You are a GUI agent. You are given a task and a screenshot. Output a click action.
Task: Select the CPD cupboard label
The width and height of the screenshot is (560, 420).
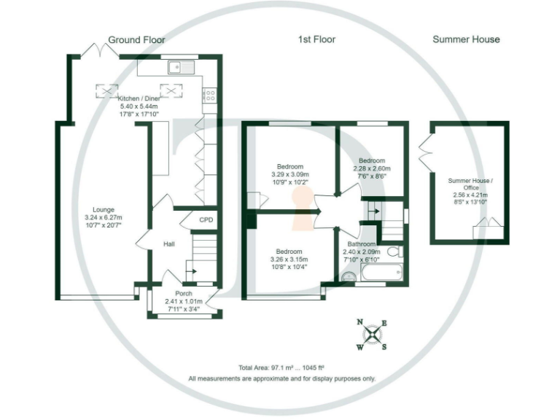pyautogui.click(x=206, y=219)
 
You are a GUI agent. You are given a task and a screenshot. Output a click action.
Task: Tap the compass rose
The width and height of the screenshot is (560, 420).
pyautogui.click(x=372, y=335)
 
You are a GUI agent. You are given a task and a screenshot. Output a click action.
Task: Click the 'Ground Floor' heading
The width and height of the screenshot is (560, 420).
pyautogui.click(x=136, y=39)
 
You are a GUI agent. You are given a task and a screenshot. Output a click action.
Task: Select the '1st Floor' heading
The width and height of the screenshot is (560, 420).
pyautogui.click(x=316, y=39)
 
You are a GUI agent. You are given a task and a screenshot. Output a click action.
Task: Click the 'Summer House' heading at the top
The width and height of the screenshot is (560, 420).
pyautogui.click(x=466, y=39)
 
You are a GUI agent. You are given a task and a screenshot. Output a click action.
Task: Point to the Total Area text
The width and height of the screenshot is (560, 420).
pyautogui.click(x=281, y=367)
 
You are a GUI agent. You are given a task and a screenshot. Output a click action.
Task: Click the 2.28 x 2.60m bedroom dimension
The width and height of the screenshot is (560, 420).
pyautogui.click(x=371, y=168)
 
